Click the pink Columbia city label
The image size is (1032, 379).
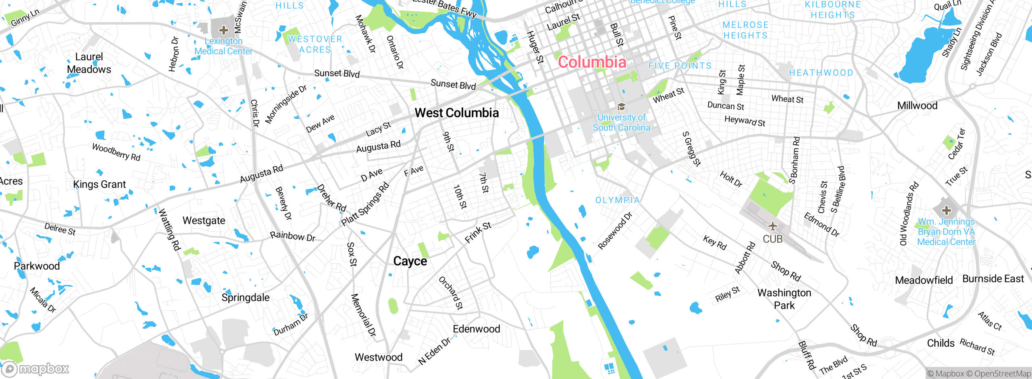tap(592, 62)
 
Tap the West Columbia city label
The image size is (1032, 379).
tap(456, 113)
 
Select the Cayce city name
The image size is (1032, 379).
tap(410, 261)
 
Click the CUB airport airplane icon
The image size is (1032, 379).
tap(772, 226)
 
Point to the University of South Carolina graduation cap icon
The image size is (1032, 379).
tap(621, 107)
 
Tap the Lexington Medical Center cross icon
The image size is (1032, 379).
tap(223, 30)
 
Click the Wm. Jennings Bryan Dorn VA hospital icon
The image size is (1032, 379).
tap(946, 210)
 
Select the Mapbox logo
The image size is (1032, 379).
tap(35, 369)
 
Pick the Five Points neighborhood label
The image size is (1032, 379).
tap(680, 66)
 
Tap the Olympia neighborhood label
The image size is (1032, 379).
tap(618, 200)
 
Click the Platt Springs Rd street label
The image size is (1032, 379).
tap(365, 204)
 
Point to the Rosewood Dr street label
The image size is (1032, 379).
tap(615, 231)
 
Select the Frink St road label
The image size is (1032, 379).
tap(478, 233)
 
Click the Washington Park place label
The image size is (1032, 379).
tap(784, 299)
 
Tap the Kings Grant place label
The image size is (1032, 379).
tap(99, 184)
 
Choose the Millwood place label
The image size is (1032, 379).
tap(917, 106)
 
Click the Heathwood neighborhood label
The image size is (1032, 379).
tap(821, 73)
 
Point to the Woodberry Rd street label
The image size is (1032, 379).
tap(116, 152)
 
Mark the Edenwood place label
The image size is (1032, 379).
tap(476, 329)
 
